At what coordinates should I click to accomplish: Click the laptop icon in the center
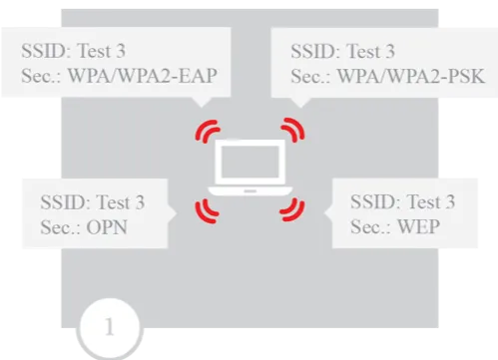pos(249,170)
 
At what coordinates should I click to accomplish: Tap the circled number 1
pos(110,326)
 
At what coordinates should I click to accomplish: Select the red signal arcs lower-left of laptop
pos(207,206)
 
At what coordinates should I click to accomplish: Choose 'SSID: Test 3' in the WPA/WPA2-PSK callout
pos(342,49)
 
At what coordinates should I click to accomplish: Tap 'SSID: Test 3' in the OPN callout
pos(93,202)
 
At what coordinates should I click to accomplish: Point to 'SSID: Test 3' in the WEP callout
pos(403,202)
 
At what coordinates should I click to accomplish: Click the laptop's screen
pos(249,164)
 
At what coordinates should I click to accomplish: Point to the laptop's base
pos(249,189)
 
